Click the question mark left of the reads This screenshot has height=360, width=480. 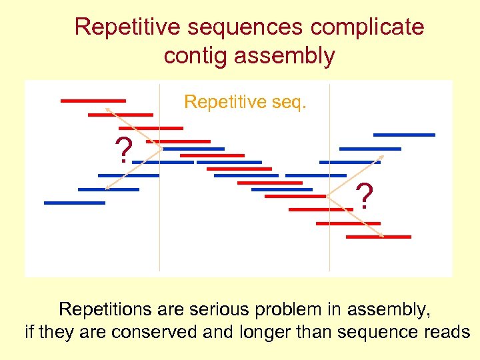click(123, 151)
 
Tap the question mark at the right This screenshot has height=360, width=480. click(364, 197)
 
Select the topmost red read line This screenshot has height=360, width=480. click(93, 101)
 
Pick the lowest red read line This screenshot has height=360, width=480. click(387, 237)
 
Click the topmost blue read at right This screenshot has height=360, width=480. click(404, 135)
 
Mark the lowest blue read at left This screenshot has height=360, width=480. click(75, 203)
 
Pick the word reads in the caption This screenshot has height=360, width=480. click(448, 332)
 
